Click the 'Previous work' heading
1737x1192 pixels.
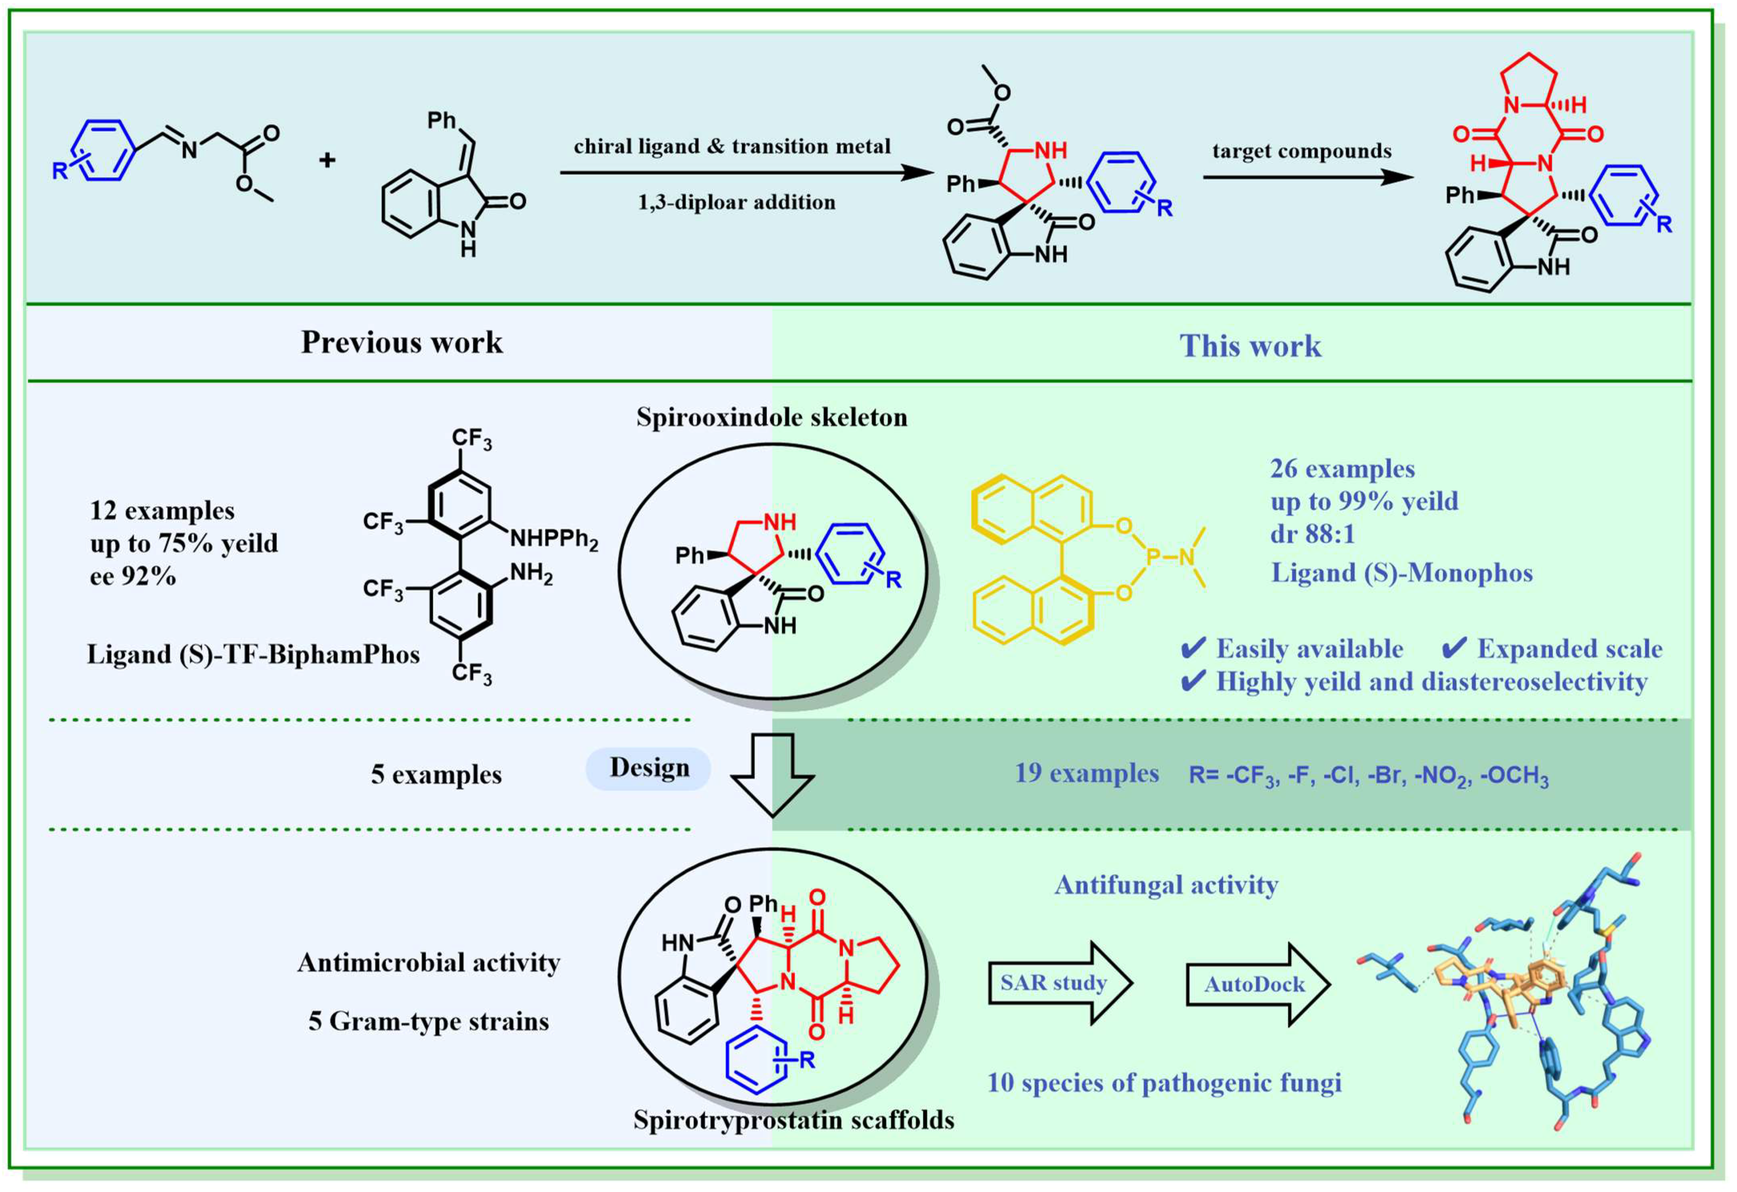[401, 342]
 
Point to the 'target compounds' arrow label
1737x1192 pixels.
[1301, 152]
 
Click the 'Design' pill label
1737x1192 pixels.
[649, 767]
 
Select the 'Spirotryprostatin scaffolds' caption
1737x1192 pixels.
[793, 1119]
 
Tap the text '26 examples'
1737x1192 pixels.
[1342, 469]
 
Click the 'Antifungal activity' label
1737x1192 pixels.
[1166, 885]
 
